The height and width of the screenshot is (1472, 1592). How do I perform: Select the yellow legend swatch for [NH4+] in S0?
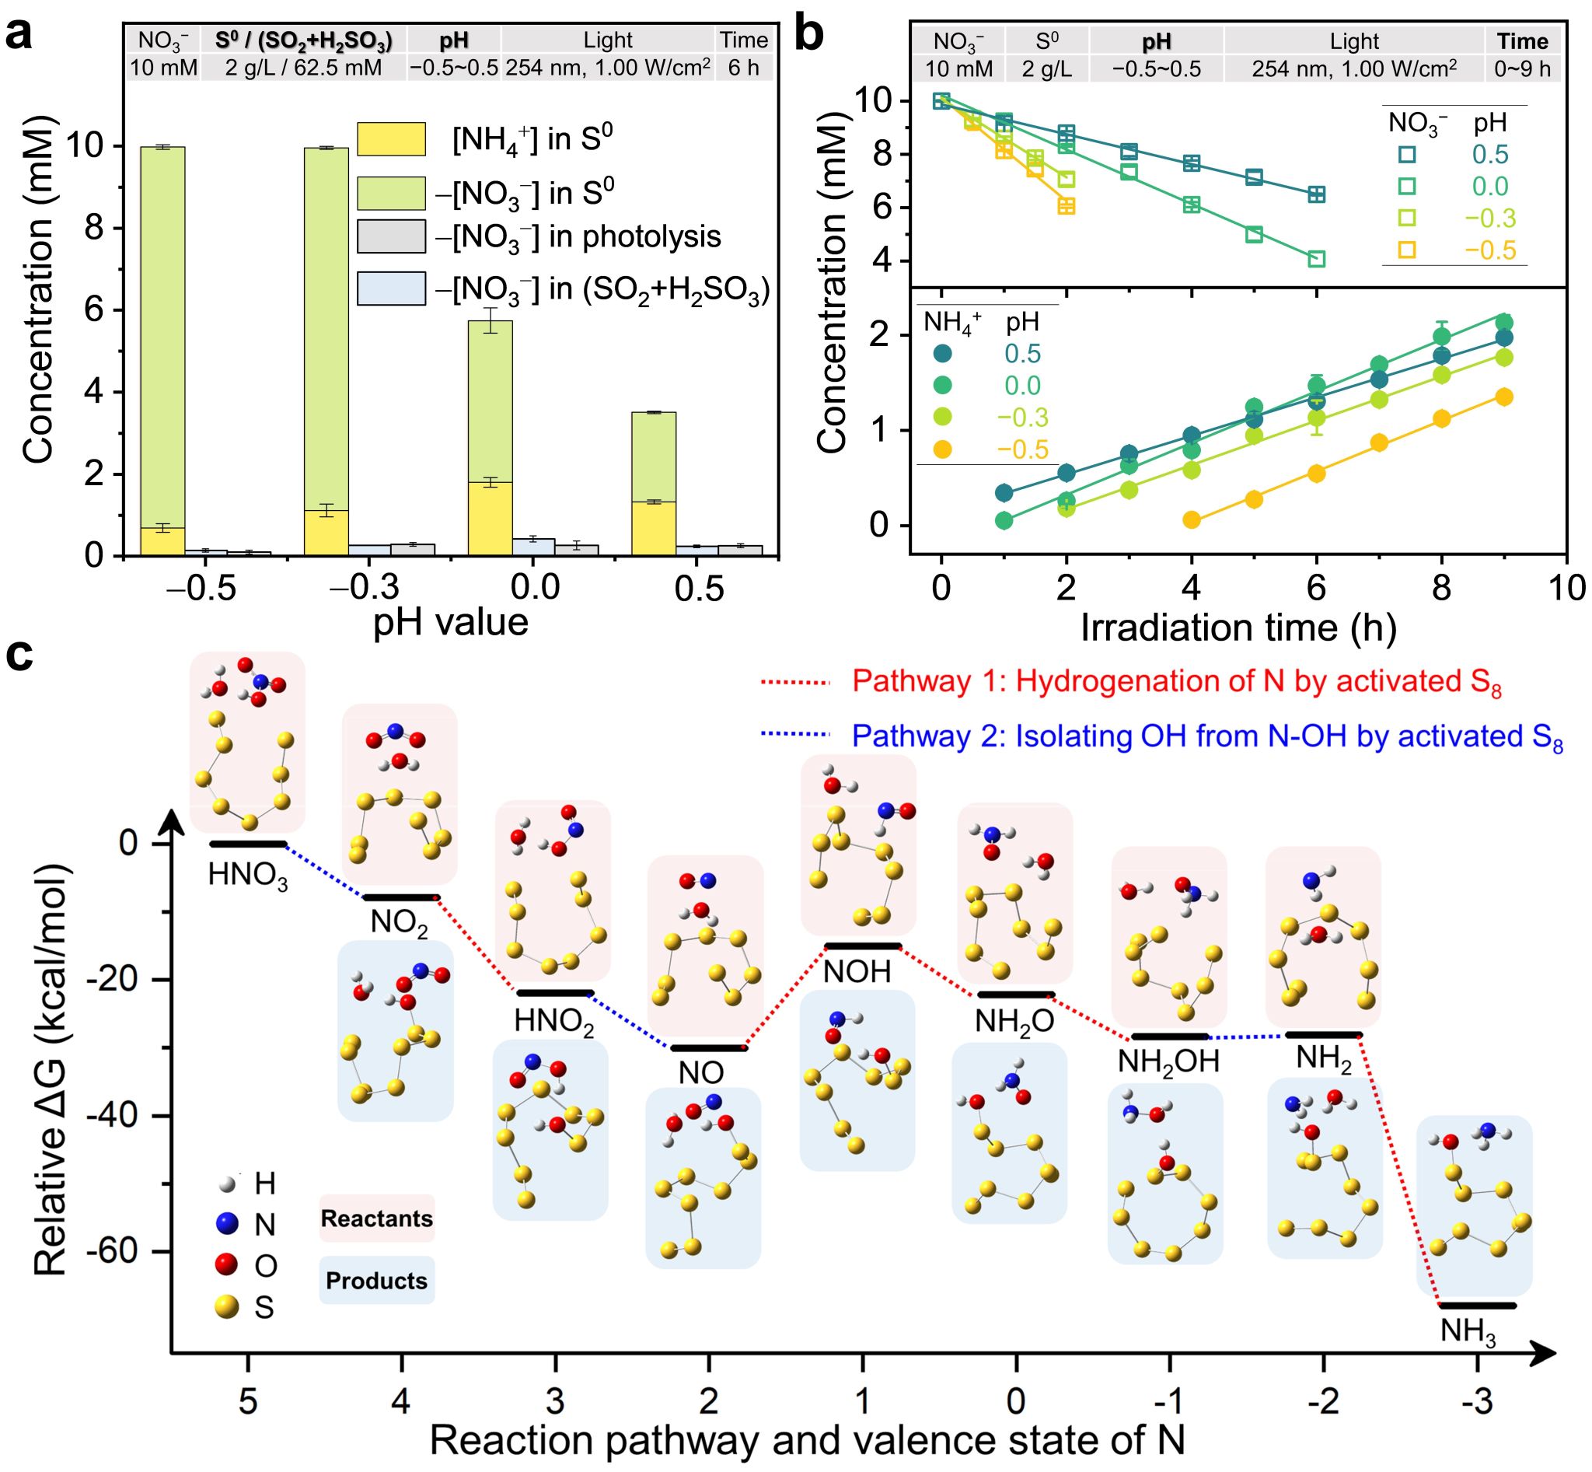coord(391,138)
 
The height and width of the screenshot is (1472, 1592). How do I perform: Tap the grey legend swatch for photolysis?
coord(391,236)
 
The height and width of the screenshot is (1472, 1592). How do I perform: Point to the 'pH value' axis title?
coord(451,621)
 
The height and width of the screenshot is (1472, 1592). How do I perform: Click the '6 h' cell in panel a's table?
coord(743,68)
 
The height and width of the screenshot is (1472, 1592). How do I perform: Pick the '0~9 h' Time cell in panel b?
coord(1522,69)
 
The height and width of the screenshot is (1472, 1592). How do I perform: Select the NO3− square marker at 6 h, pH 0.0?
coord(1317,259)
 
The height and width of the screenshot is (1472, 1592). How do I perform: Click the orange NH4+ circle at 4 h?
coord(1192,520)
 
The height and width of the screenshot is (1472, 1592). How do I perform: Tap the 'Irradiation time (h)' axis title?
coord(1238,628)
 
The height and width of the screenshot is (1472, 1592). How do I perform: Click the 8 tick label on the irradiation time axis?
coord(1441,589)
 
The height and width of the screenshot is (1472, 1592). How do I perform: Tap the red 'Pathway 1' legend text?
coord(1177,682)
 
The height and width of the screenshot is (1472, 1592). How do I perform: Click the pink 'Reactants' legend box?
coord(377,1218)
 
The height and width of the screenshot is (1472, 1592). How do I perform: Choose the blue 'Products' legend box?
coord(377,1280)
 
